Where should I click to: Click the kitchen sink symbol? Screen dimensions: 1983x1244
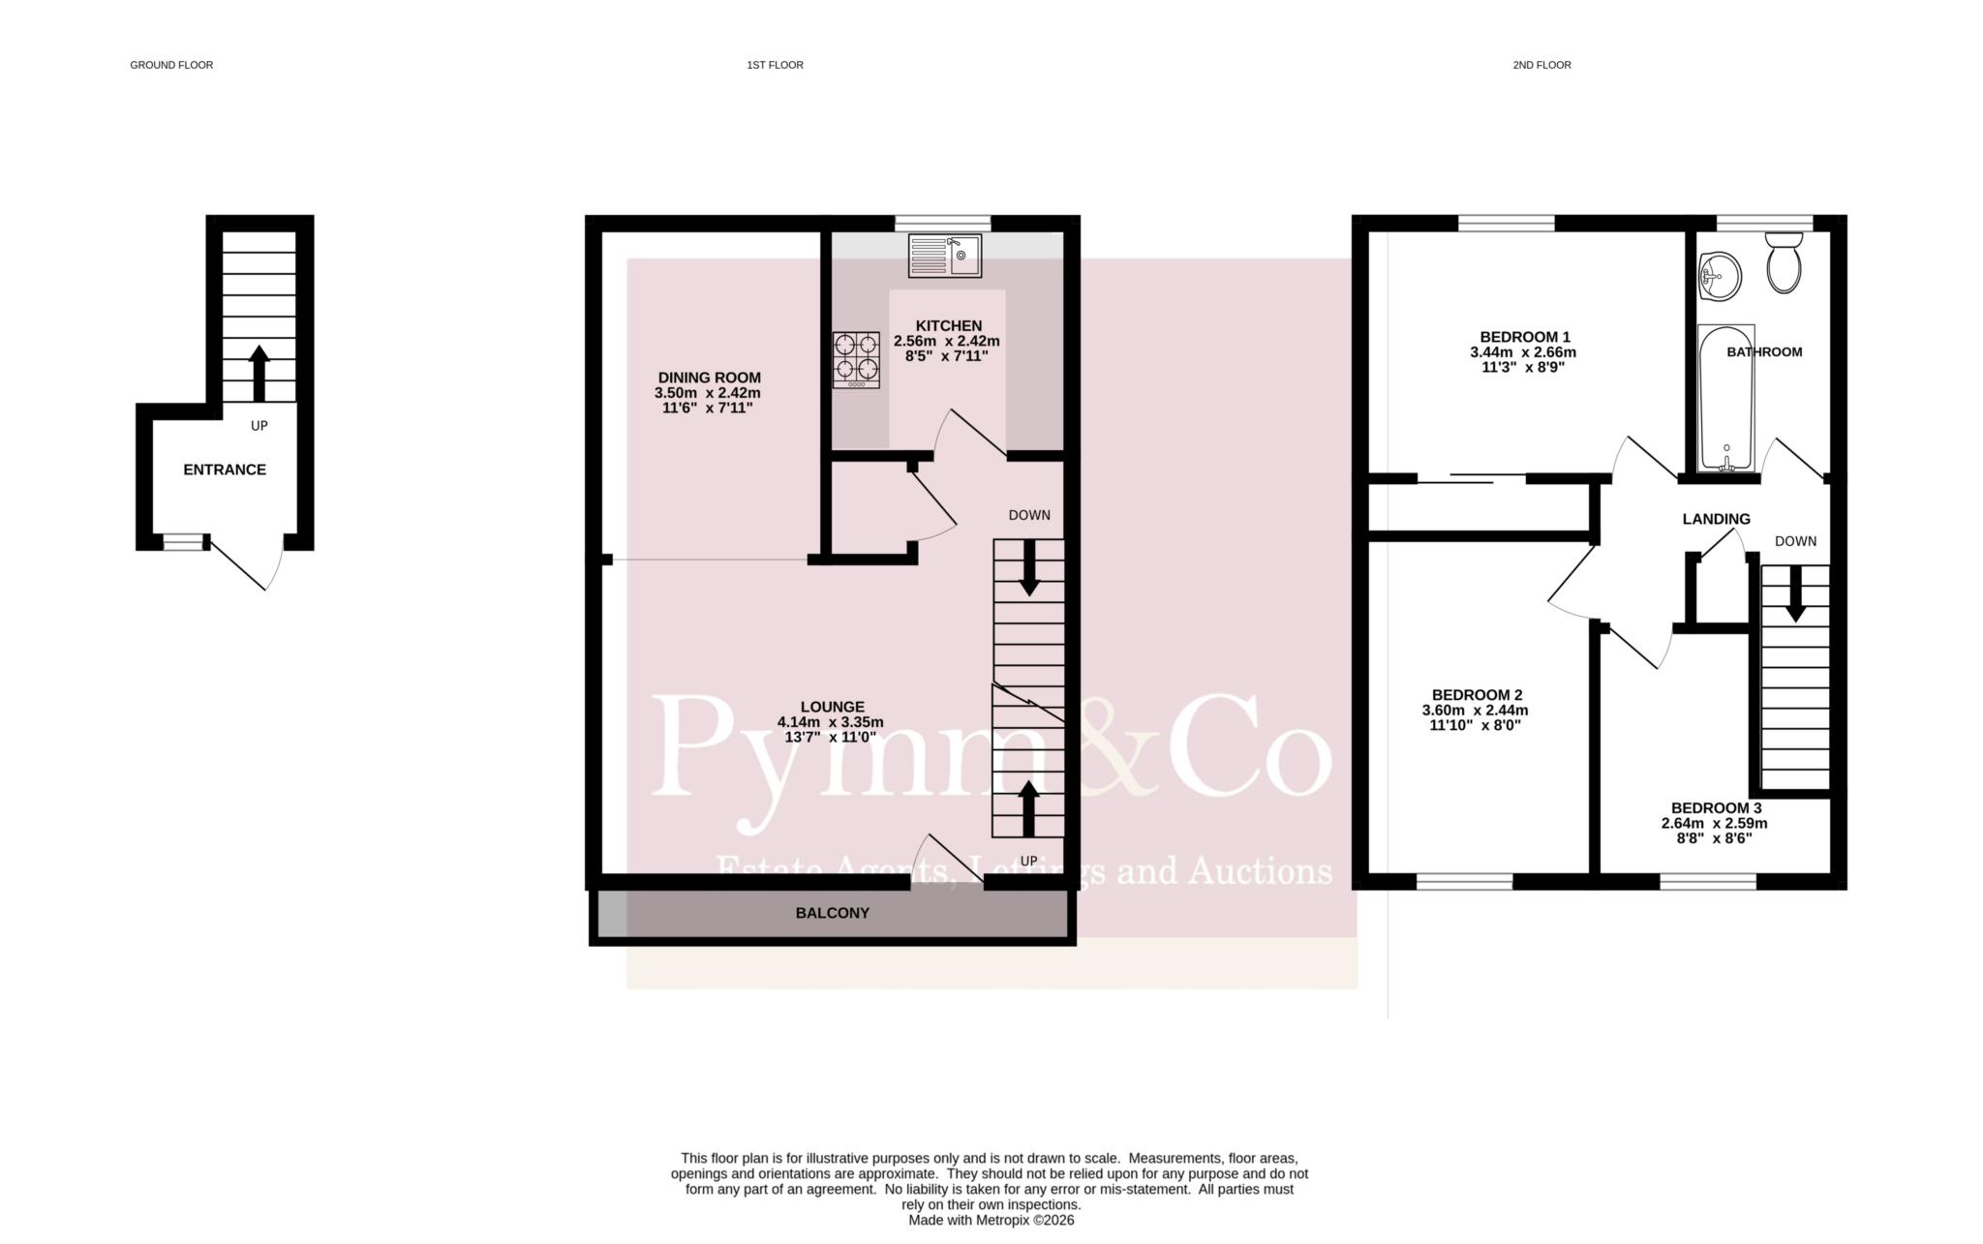point(944,256)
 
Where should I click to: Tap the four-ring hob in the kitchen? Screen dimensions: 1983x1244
point(856,360)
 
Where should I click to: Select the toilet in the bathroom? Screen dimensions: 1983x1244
point(1783,262)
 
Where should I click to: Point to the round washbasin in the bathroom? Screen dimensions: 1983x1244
point(1720,276)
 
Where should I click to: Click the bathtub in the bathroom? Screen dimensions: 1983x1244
point(1726,398)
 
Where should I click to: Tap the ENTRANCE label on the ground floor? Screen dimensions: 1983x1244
point(225,470)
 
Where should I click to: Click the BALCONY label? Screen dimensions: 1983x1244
point(833,913)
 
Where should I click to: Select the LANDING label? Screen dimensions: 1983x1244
point(1716,519)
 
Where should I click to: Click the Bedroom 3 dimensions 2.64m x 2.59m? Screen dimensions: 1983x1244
point(1715,824)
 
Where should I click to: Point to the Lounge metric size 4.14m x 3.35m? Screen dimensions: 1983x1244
point(831,722)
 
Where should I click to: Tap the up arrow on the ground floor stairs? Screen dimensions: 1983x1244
point(259,374)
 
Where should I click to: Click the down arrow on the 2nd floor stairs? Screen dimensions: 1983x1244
point(1795,593)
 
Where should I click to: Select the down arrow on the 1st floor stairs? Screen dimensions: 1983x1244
point(1028,567)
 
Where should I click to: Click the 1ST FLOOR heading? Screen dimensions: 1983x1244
point(775,65)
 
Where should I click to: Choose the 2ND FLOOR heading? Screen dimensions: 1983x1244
point(1541,65)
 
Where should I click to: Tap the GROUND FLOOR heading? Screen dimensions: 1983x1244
point(171,65)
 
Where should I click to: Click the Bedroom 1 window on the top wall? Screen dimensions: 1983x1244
point(1507,224)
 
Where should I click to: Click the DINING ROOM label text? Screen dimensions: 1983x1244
point(710,378)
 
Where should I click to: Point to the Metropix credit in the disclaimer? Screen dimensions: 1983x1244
point(991,1221)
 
